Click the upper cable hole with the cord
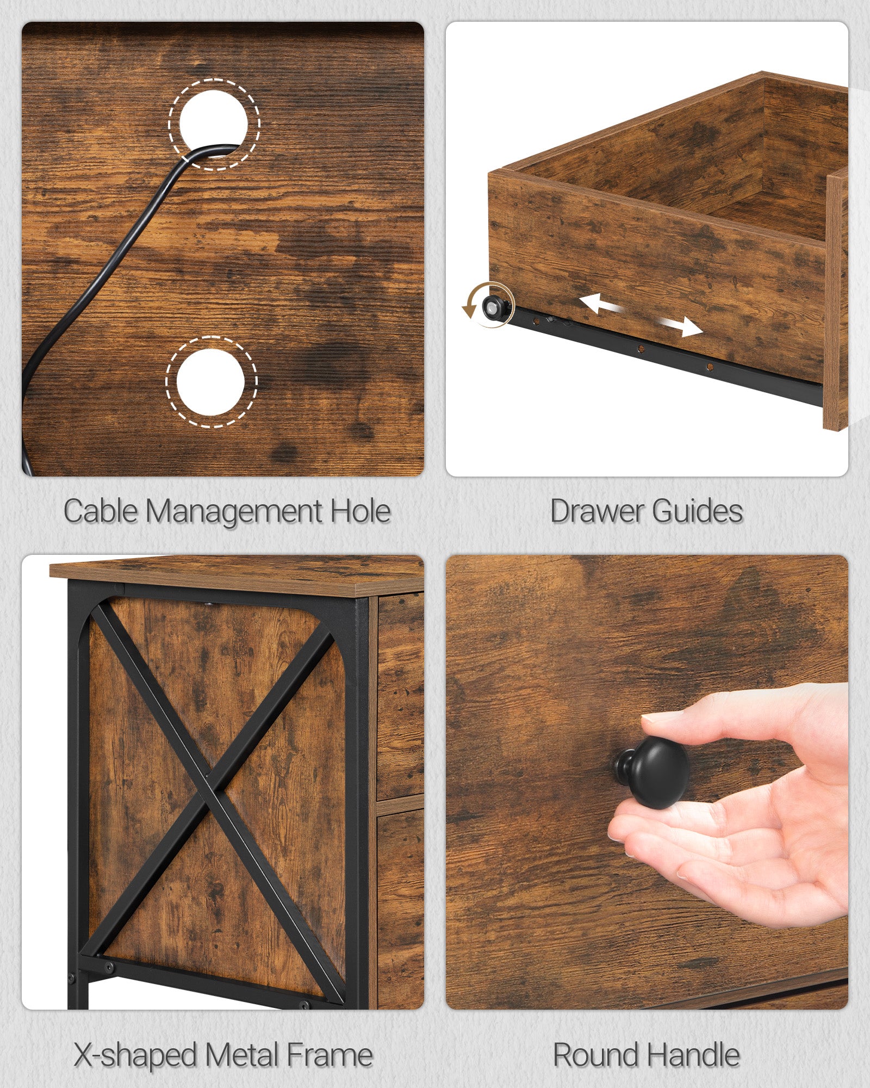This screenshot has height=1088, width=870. pyautogui.click(x=214, y=124)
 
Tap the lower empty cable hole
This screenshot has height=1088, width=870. pyautogui.click(x=211, y=380)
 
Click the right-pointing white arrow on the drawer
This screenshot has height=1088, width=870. pyautogui.click(x=681, y=325)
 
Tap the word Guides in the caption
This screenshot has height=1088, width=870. pyautogui.click(x=698, y=511)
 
